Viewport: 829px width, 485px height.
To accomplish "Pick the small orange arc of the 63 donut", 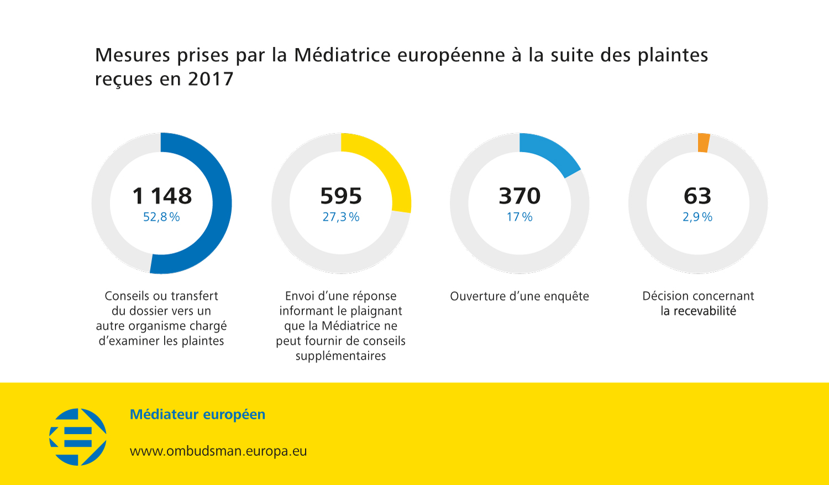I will [x=704, y=143].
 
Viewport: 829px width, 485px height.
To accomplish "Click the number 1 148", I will [x=162, y=196].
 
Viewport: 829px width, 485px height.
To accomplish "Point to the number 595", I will [x=341, y=196].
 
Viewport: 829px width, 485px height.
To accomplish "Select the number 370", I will [x=520, y=196].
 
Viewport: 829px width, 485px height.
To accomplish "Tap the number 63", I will [x=697, y=196].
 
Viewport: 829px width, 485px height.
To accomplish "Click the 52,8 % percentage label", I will [x=161, y=217].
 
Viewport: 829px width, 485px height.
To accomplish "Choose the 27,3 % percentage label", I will [x=341, y=217].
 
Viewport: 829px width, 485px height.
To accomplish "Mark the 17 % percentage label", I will [x=520, y=217].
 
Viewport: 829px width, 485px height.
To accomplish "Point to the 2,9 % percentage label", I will [x=697, y=217].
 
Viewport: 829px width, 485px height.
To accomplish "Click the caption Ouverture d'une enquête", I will [x=520, y=297].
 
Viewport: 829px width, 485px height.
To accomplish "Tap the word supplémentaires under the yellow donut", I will [x=340, y=356].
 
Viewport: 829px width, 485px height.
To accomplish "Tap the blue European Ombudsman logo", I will [x=78, y=437].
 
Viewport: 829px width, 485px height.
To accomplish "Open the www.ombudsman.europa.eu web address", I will [x=218, y=451].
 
